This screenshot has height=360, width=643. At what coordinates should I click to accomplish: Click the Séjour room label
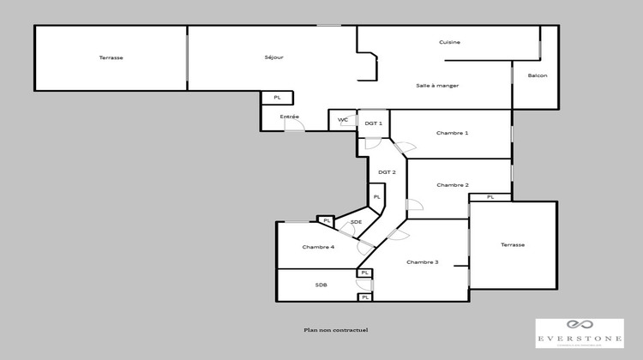coord(273,57)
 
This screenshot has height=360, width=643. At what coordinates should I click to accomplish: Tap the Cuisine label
coord(450,42)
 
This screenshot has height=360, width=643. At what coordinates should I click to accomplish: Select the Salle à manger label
coord(437,85)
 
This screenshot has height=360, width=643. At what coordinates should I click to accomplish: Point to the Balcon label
coord(538,76)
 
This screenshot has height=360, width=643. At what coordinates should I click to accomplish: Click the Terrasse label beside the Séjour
coord(111,57)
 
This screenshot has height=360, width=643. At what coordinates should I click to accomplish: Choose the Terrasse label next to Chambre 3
coord(513,245)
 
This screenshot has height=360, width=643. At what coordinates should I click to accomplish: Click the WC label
coord(342,120)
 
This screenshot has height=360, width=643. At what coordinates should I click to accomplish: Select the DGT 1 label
coord(373,123)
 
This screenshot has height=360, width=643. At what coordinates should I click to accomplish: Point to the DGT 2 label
coord(387,172)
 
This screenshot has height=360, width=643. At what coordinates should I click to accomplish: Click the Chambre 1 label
coord(452,133)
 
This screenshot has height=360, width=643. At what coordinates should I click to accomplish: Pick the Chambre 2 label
coord(452,185)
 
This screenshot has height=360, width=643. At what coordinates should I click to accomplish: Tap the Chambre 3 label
coord(423,262)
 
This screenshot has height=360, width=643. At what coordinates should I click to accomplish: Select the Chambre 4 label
coord(318,247)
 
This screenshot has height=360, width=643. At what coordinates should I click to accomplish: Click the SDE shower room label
coord(356,223)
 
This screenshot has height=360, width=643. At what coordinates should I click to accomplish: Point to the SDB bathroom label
coord(321,285)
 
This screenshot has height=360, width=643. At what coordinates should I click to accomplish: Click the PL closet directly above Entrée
coord(277,98)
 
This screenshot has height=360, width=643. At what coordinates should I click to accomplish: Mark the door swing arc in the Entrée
coord(294,125)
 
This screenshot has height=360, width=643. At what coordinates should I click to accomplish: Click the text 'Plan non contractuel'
coord(335,330)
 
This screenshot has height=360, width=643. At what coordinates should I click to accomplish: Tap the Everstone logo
coord(580,333)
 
